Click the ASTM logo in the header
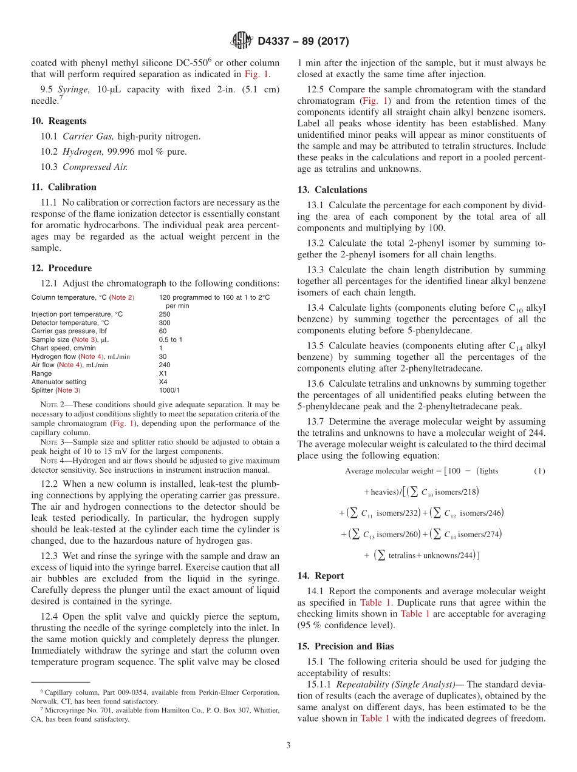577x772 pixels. click(x=241, y=41)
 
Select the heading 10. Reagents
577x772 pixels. click(x=58, y=121)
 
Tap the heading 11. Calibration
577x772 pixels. click(x=64, y=187)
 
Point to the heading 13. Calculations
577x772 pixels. click(x=332, y=189)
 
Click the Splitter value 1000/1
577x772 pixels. click(x=169, y=390)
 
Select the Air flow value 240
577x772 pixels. click(x=165, y=365)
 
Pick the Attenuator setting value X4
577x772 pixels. click(x=163, y=382)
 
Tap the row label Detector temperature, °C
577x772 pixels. click(x=70, y=323)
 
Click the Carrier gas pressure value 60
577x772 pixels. click(x=163, y=331)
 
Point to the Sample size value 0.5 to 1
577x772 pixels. click(x=171, y=340)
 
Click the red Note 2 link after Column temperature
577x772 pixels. click(x=121, y=297)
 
